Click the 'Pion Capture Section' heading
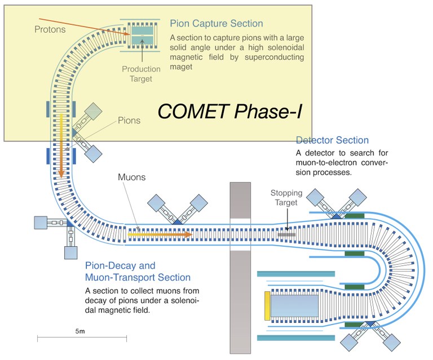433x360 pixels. tap(216, 24)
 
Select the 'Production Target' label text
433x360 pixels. tap(142, 74)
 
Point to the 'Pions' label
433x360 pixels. tap(129, 121)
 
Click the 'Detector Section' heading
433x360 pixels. tap(332, 140)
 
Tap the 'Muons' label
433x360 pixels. tap(131, 177)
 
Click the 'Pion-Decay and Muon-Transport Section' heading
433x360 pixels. tap(138, 271)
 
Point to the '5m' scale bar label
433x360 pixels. tap(79, 331)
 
